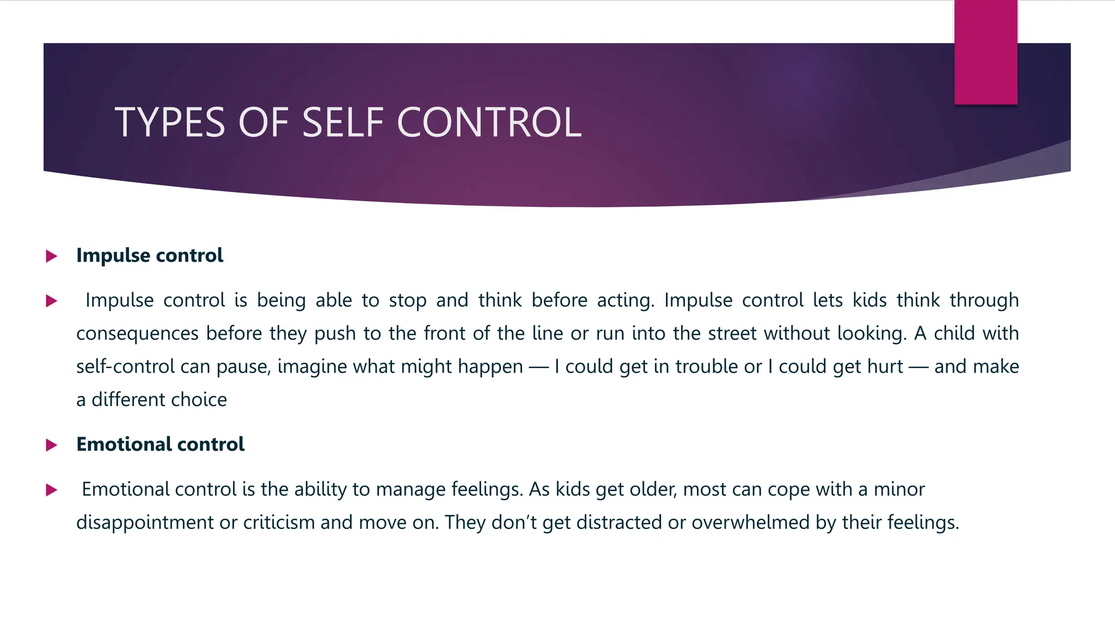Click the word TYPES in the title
click(169, 122)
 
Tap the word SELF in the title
click(344, 122)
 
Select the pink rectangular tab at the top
click(985, 52)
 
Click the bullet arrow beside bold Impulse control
click(52, 256)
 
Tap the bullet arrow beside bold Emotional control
click(52, 445)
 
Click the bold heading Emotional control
click(160, 444)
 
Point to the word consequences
click(137, 334)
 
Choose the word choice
click(198, 399)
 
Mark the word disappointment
click(145, 522)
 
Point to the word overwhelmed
click(751, 522)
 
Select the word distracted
click(620, 522)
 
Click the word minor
click(899, 489)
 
